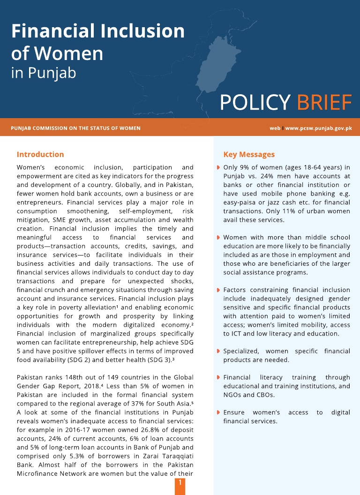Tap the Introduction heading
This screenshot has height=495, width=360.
pos(40,154)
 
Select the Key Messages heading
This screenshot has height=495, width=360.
pos(249,154)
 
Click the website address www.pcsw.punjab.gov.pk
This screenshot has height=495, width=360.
pos(318,128)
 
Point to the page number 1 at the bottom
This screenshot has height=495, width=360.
pos(180,482)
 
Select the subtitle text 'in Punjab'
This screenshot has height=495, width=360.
pos(43,74)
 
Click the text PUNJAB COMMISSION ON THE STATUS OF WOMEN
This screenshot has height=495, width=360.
pos(75,128)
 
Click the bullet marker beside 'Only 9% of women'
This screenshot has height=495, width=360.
pos(218,167)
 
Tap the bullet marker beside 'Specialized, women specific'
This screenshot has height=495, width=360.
pos(218,351)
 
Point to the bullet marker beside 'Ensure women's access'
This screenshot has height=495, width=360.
pos(218,412)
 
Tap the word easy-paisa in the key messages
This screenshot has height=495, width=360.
pos(240,202)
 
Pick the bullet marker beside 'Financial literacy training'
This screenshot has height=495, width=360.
pos(218,377)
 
